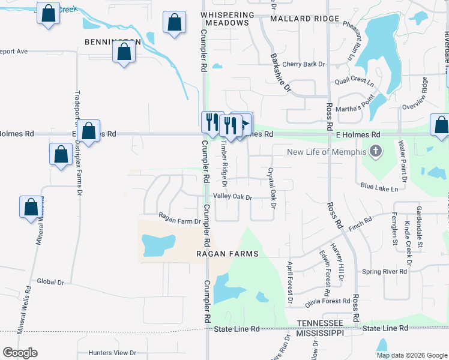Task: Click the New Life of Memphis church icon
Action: point(376,151)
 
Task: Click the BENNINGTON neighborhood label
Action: point(113,43)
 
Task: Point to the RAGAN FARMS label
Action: point(227,254)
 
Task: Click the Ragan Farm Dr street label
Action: point(179,221)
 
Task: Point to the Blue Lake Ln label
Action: point(379,188)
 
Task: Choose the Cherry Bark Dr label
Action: point(303,64)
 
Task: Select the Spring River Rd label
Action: point(385,272)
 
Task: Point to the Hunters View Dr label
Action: point(112,353)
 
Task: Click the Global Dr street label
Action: point(50,281)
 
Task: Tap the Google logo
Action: point(20,353)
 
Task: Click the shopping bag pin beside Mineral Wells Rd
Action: point(31,207)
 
